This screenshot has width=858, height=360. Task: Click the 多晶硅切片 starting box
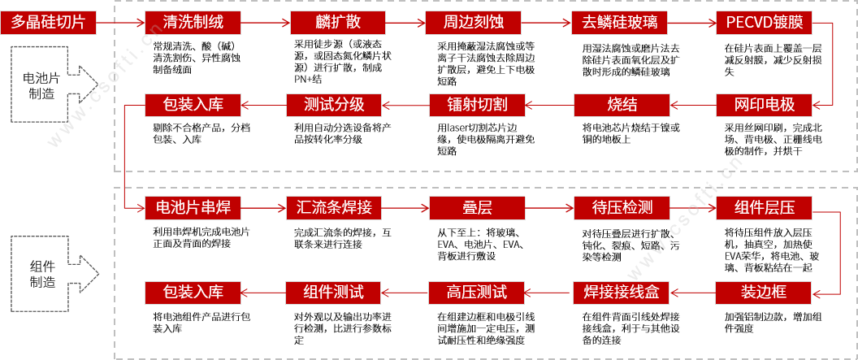coord(49,22)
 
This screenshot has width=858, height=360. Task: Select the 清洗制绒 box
coord(193,22)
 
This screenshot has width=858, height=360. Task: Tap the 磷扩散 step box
coord(335,22)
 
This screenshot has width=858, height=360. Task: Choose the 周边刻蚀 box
coord(478,22)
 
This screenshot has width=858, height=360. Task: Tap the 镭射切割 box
coord(478,105)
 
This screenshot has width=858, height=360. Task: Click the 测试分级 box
coord(335,105)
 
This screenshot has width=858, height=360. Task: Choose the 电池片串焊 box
coord(193,208)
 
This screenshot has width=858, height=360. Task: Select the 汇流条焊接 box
coord(335,208)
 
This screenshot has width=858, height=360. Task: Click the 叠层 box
coord(478,208)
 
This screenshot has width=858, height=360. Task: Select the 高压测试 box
coord(478,291)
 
